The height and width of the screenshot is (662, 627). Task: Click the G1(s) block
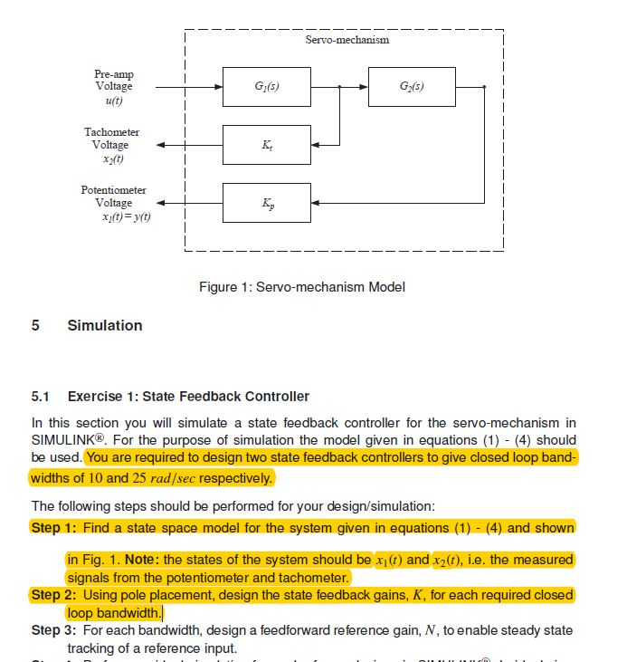click(267, 87)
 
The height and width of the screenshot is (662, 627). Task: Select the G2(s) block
click(412, 87)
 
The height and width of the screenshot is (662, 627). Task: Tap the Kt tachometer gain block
click(267, 145)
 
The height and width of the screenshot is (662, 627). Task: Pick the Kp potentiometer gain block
click(267, 203)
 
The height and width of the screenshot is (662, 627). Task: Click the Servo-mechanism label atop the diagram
click(347, 41)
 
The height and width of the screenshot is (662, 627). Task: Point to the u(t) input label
click(114, 101)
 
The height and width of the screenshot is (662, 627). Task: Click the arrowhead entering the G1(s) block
click(218, 88)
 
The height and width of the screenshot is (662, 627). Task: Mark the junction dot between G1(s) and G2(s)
click(338, 88)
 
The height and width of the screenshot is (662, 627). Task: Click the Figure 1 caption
click(301, 287)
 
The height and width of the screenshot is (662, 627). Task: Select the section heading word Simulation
click(105, 325)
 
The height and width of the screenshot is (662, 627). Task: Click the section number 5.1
click(41, 397)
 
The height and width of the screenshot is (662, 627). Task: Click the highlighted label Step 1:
click(59, 527)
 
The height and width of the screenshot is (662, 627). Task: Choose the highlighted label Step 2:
click(59, 595)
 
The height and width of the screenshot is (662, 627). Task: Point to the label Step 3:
click(59, 629)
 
